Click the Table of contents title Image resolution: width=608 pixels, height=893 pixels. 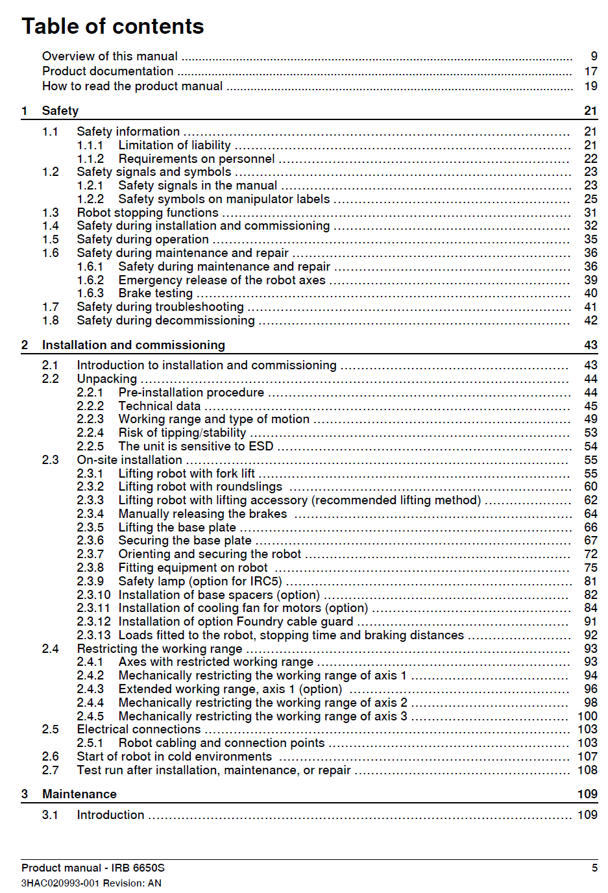tap(113, 26)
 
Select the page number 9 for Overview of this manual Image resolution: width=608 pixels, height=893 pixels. tap(594, 56)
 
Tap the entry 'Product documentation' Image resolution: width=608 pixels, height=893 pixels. tap(108, 71)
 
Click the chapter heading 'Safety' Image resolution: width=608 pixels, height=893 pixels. tap(60, 111)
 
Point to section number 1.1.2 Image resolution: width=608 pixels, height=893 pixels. tap(90, 159)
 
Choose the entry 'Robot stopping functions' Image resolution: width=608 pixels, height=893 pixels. tap(147, 213)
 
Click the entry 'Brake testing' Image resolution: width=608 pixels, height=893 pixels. tap(155, 293)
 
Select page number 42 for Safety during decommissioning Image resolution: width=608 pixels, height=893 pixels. tap(590, 321)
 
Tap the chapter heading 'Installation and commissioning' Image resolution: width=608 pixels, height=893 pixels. tap(134, 345)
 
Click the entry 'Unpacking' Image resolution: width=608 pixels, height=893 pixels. tap(107, 379)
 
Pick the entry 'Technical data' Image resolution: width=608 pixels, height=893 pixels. tap(160, 406)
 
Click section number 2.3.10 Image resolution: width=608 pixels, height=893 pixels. tap(93, 595)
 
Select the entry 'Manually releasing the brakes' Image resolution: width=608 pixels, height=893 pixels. tap(202, 514)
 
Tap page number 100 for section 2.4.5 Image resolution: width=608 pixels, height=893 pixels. tap(587, 716)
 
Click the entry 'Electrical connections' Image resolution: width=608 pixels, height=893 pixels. tap(139, 729)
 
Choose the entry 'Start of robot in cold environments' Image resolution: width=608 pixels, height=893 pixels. tap(174, 757)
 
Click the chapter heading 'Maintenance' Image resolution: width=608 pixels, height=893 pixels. tap(79, 794)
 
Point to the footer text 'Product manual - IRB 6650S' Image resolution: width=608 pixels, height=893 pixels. tap(93, 868)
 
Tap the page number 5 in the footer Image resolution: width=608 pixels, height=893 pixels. tap(594, 868)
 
